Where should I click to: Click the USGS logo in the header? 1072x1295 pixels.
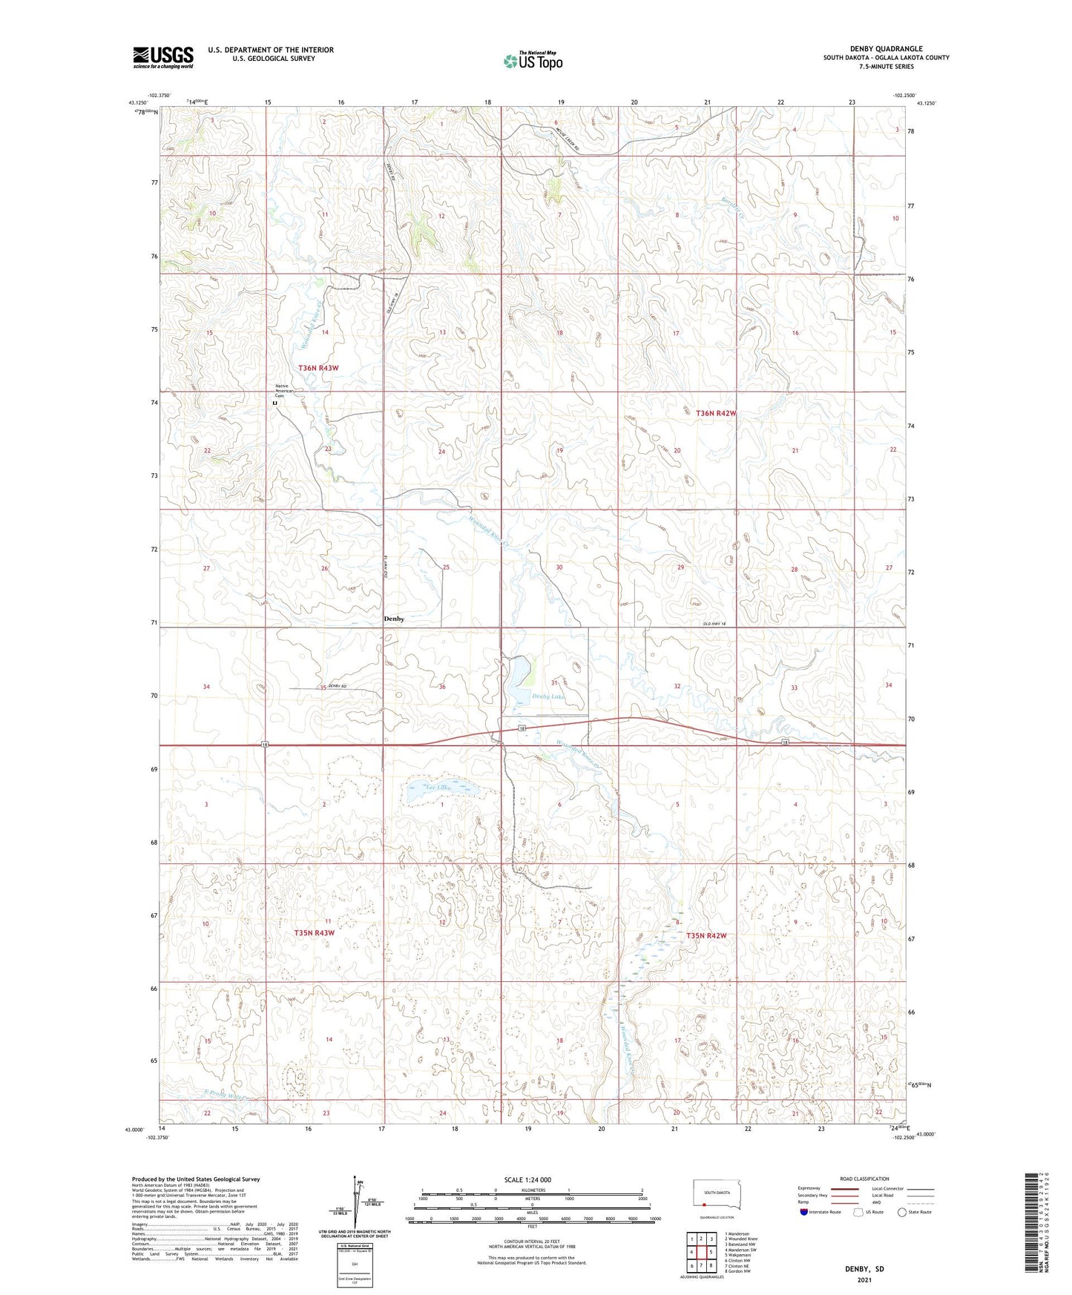click(163, 57)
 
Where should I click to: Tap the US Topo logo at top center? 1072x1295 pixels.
click(532, 61)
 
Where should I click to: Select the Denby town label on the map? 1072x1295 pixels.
click(394, 619)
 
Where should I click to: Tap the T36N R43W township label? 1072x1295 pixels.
click(318, 368)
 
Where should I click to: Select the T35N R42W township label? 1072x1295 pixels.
click(706, 936)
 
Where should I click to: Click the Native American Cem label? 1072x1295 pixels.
click(285, 391)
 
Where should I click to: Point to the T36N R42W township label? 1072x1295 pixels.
click(716, 413)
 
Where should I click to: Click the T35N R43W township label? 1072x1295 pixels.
click(314, 933)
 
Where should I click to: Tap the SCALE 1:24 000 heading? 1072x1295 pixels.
click(527, 1179)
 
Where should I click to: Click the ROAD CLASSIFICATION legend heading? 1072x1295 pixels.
click(864, 1179)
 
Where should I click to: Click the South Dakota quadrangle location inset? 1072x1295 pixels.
click(716, 1195)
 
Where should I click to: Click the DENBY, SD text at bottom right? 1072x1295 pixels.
click(864, 1269)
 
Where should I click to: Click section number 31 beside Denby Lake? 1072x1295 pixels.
click(553, 682)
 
